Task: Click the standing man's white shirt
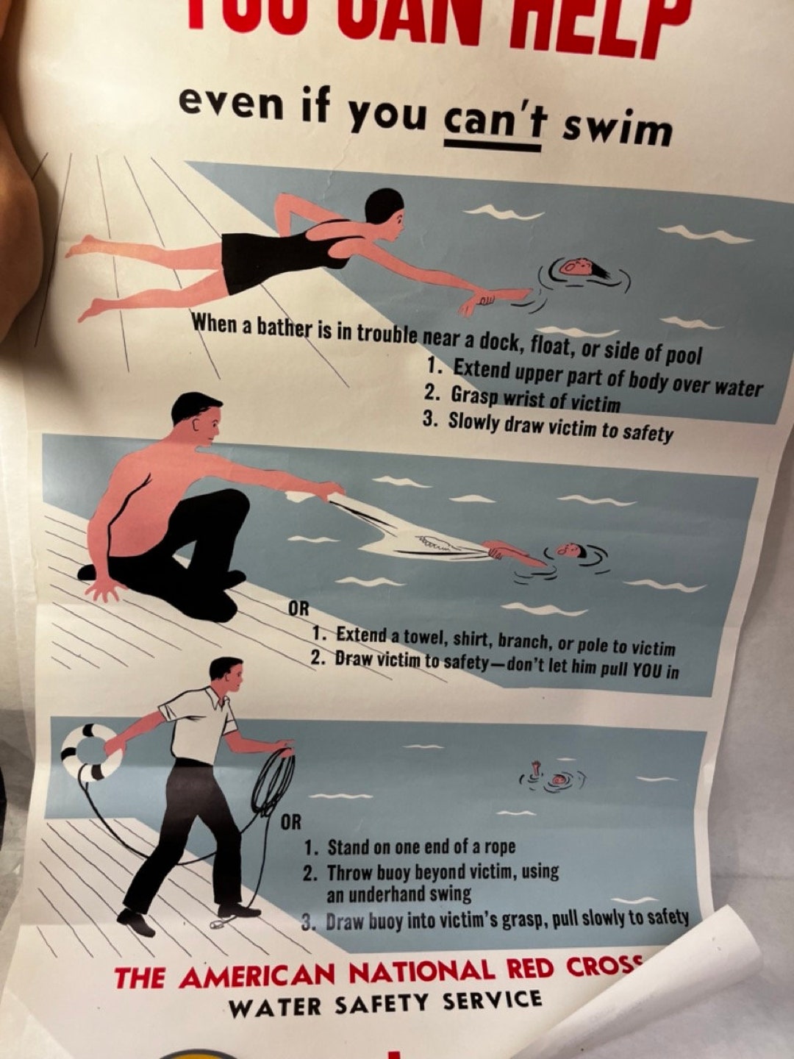[198, 724]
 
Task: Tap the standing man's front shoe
[137, 921]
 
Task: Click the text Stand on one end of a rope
[421, 847]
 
